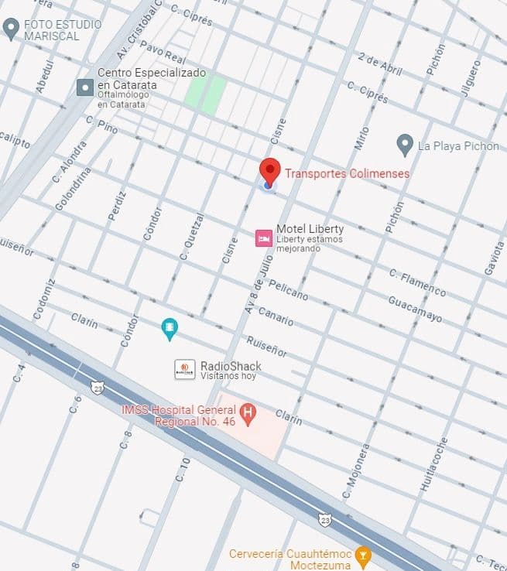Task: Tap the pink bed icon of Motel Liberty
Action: click(264, 238)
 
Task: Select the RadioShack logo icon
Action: click(184, 369)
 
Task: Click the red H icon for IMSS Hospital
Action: click(248, 413)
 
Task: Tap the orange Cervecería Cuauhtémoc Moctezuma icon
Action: click(362, 554)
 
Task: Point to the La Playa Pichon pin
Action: click(404, 144)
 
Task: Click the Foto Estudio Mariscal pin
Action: click(11, 29)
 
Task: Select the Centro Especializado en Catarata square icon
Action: click(85, 87)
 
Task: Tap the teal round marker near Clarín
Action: click(170, 329)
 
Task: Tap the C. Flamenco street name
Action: click(417, 282)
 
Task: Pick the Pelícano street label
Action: click(288, 290)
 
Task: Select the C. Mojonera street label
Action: click(356, 471)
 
